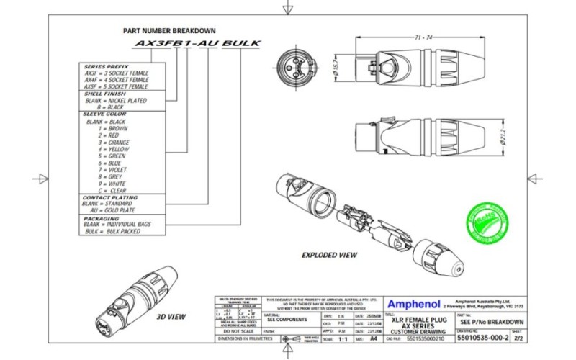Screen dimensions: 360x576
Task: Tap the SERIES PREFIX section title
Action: [x=105, y=66]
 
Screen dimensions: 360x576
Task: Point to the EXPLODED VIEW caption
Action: [x=329, y=255]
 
